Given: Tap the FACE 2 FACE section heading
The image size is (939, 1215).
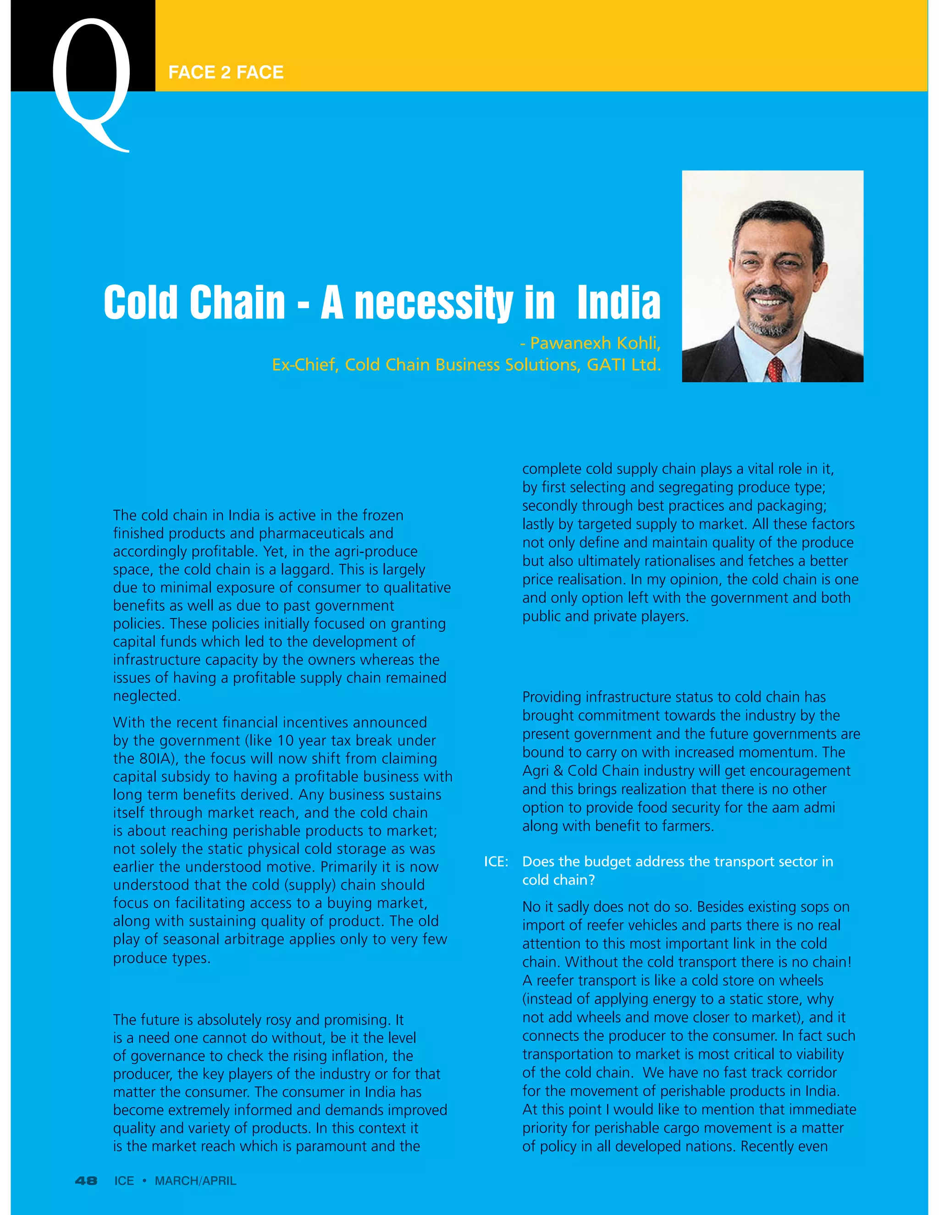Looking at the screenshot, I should click(226, 72).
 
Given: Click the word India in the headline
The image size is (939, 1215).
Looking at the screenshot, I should click(619, 303).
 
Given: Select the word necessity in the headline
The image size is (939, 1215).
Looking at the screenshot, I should click(434, 303).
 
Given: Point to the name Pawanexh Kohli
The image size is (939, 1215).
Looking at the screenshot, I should click(595, 343).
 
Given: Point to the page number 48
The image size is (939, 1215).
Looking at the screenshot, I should click(86, 1181).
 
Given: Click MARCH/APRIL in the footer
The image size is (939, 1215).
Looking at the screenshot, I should click(195, 1181).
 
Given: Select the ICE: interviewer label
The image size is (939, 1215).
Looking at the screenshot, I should click(496, 862).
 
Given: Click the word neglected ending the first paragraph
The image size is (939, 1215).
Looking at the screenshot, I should click(146, 696).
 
